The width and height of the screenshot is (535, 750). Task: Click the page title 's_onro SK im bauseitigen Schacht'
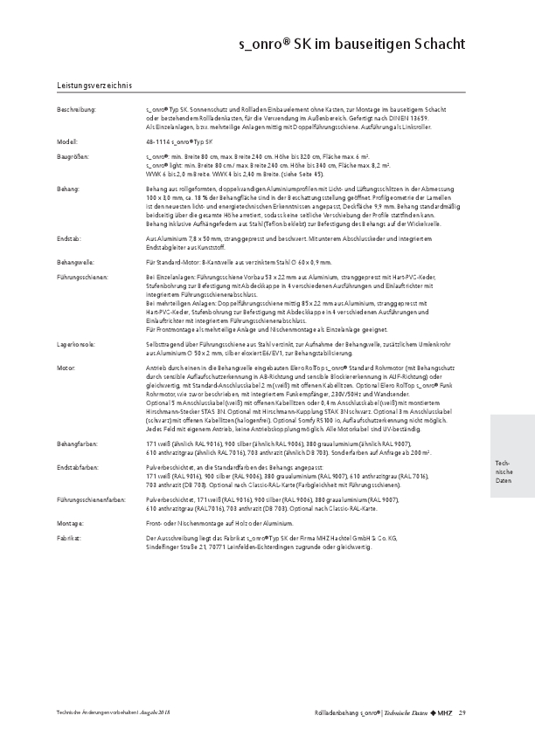click(352, 43)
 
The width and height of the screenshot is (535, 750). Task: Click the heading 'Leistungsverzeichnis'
click(94, 86)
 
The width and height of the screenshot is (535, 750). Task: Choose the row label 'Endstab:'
click(69, 237)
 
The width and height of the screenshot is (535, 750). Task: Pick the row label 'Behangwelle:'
click(76, 263)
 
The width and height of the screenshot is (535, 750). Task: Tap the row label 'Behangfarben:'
click(77, 446)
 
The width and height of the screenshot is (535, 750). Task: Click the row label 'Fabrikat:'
click(69, 536)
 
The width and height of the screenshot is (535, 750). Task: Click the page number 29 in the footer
click(462, 714)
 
